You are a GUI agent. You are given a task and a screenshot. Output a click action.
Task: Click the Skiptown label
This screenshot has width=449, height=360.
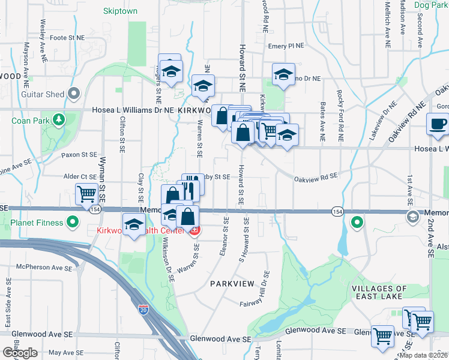[x=120, y=11]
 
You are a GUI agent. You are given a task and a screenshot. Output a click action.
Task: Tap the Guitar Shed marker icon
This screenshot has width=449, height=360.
[x=74, y=94]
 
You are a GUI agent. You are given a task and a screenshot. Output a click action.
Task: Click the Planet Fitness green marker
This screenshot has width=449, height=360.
[x=73, y=223]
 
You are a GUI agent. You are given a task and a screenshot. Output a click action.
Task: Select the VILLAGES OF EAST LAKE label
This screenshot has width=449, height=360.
[x=379, y=292]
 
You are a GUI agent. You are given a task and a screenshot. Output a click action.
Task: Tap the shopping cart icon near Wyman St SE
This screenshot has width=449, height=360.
[x=87, y=193]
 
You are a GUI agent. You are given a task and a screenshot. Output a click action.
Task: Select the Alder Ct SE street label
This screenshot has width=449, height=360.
[x=80, y=177]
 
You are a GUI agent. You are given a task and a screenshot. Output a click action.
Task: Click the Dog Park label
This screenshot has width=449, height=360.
[x=432, y=5]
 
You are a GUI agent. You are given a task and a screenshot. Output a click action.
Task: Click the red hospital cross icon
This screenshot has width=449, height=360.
[x=194, y=230]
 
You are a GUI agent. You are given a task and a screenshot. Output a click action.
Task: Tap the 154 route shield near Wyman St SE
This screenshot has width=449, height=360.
[x=95, y=209]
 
